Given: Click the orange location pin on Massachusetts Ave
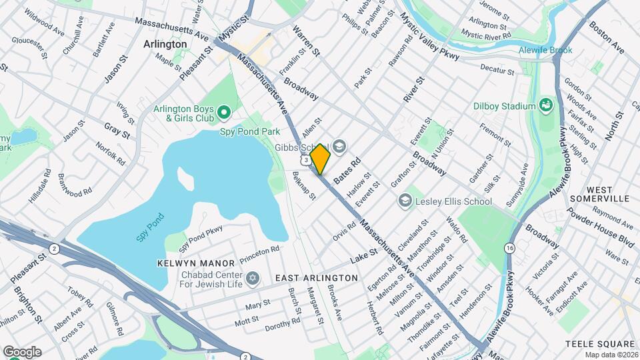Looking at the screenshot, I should pyautogui.click(x=320, y=159).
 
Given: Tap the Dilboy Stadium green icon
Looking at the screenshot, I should pyautogui.click(x=546, y=105).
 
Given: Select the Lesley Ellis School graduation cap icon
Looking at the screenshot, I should pyautogui.click(x=405, y=201).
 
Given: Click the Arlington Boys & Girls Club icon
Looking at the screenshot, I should pyautogui.click(x=223, y=111).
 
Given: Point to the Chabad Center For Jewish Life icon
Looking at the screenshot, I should pyautogui.click(x=252, y=277).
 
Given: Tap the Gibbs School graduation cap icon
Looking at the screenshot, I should pyautogui.click(x=339, y=147).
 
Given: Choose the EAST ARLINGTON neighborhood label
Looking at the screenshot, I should pyautogui.click(x=317, y=277).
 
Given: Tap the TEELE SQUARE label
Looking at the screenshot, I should pyautogui.click(x=598, y=343).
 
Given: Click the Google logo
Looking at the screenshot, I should pyautogui.click(x=22, y=351).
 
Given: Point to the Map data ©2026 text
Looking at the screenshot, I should pyautogui.click(x=611, y=354).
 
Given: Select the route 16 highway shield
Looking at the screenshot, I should pyautogui.click(x=510, y=248).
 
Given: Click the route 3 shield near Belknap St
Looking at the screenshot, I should pyautogui.click(x=305, y=160).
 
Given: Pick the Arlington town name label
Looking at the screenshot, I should pyautogui.click(x=165, y=43).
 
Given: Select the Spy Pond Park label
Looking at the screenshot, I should pyautogui.click(x=250, y=132).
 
